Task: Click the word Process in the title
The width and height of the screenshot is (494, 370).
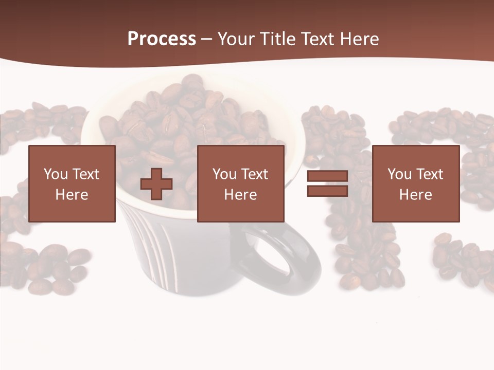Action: (162, 39)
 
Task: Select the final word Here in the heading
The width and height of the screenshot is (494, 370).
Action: (358, 39)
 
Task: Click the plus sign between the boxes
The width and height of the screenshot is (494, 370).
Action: (156, 183)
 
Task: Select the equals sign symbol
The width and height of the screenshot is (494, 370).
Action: (327, 183)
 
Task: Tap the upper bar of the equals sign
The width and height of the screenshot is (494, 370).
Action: (327, 176)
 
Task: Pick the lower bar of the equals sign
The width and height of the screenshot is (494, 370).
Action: (327, 191)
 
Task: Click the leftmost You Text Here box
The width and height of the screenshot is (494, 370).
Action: (72, 183)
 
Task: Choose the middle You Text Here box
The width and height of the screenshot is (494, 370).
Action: (240, 183)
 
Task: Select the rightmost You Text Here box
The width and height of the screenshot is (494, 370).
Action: (415, 183)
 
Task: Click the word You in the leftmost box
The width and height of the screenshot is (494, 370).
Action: (56, 174)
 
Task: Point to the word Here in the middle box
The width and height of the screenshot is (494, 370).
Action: (240, 195)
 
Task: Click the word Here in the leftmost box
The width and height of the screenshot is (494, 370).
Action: (72, 195)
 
